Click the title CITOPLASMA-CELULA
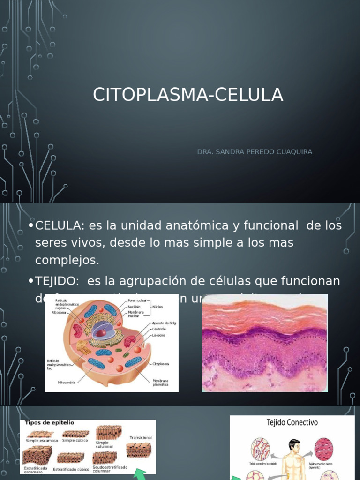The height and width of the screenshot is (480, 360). click(188, 95)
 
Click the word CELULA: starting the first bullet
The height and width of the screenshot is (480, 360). click(59, 226)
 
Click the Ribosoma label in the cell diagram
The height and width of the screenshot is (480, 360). click(59, 312)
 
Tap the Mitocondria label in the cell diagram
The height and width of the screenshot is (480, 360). click(61, 382)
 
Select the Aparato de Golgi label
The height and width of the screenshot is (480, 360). click(164, 323)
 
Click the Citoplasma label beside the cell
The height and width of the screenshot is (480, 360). click(160, 363)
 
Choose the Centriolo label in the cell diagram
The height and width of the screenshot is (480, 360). click(158, 329)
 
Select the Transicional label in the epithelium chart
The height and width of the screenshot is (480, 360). click(140, 437)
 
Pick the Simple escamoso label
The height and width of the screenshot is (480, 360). click(42, 441)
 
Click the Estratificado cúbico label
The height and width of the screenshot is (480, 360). click(71, 468)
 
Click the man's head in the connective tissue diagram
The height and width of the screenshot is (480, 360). click(294, 445)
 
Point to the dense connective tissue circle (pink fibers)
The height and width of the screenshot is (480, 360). click(323, 449)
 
